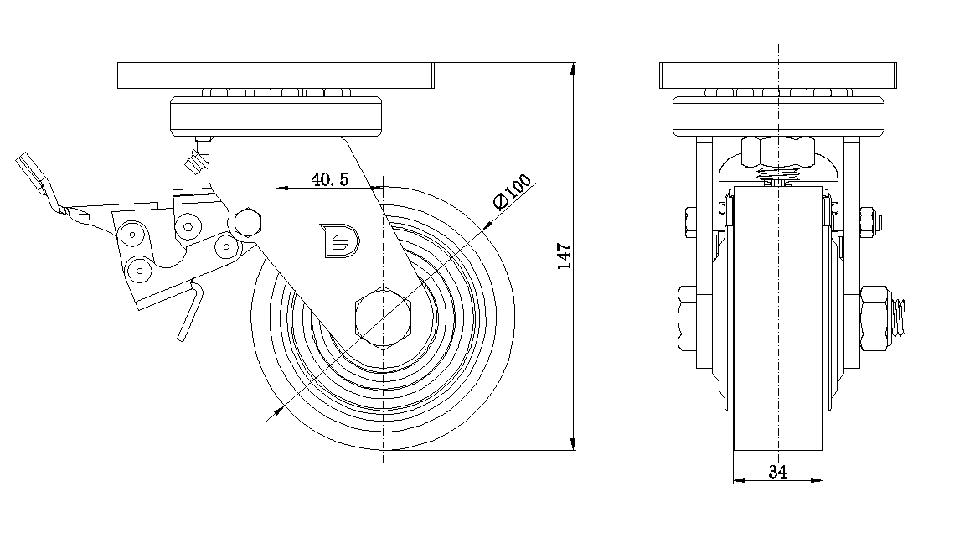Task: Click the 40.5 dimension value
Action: (329, 179)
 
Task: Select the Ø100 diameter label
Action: (512, 194)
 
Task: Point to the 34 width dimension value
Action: (777, 472)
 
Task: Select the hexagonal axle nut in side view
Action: (383, 318)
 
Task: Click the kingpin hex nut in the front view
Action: (777, 153)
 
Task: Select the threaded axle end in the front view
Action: (903, 318)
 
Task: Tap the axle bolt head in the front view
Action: (685, 318)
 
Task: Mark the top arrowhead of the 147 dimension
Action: (574, 69)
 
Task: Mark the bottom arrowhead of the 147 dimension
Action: (574, 443)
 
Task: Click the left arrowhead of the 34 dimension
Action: (738, 480)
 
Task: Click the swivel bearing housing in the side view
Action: (276, 116)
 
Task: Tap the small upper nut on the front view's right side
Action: (869, 221)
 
